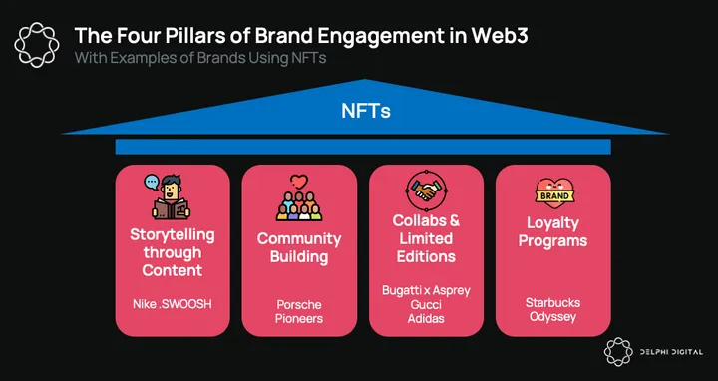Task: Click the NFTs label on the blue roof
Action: click(x=365, y=112)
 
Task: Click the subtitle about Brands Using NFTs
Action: click(x=200, y=59)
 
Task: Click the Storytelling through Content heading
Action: click(x=173, y=252)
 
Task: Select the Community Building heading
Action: click(x=299, y=247)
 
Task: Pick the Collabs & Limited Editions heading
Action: click(x=426, y=238)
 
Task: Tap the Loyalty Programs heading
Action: click(x=552, y=232)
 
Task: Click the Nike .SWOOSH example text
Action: click(x=173, y=304)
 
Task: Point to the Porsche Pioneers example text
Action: click(x=299, y=311)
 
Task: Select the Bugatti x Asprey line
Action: click(x=426, y=291)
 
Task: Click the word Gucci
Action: click(x=426, y=304)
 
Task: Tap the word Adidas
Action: click(x=426, y=318)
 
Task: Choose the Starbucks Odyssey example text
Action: click(x=552, y=310)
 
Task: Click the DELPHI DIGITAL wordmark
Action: click(x=671, y=352)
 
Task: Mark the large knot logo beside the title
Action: click(x=37, y=45)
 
